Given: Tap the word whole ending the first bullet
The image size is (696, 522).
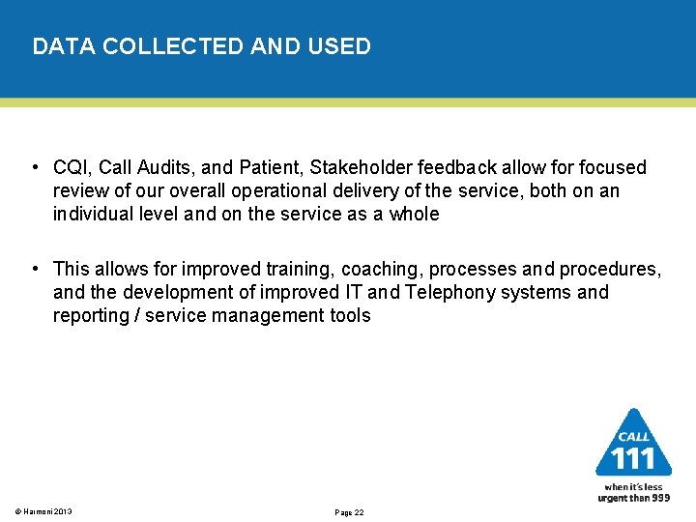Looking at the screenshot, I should [414, 215].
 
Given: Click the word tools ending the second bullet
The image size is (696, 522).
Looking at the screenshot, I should [349, 315].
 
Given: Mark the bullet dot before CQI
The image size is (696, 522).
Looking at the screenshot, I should [35, 168].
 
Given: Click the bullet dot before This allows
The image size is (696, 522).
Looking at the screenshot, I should [35, 269].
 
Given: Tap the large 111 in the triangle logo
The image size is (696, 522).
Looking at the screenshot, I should [633, 456].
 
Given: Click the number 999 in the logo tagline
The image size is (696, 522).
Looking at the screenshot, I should [659, 497].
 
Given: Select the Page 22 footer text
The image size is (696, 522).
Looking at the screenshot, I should [348, 512].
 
